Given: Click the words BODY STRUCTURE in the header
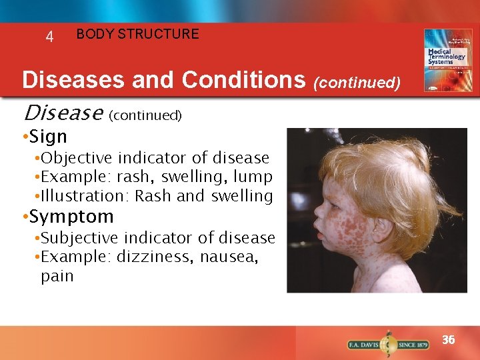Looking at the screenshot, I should pos(137,34).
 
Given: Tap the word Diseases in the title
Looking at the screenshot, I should pos(73,80).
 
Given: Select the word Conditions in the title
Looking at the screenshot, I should pos(243,80).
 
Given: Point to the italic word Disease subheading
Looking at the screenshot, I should pos(61,113).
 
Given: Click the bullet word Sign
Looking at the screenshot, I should pos(48,137).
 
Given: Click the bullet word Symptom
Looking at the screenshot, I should pos(71,217).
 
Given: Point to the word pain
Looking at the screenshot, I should pos(57,276).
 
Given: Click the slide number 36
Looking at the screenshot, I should pos(449,340).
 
